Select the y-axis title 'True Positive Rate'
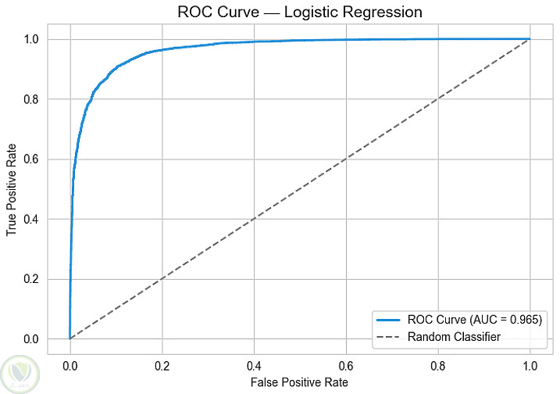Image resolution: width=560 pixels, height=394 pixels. [x=12, y=189]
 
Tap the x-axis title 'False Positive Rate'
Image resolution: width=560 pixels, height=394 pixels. [x=300, y=382]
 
